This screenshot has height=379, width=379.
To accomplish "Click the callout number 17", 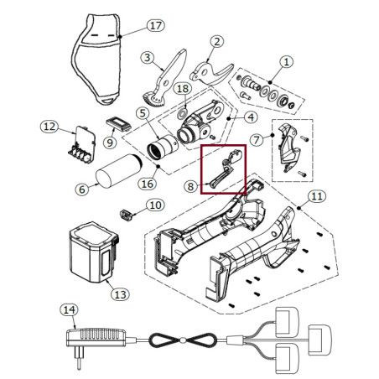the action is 156,25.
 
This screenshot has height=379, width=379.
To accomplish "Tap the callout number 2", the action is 217,42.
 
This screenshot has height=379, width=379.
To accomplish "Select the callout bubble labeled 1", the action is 286,62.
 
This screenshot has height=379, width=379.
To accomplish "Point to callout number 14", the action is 69,309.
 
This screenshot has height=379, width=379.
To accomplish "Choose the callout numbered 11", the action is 317,196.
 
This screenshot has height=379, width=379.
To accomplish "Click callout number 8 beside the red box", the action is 190,186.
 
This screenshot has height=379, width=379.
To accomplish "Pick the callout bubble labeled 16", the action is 148,184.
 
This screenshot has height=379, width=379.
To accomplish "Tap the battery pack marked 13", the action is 94,252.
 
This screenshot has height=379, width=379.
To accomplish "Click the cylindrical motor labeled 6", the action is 119,170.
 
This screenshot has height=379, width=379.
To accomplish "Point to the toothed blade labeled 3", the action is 167,81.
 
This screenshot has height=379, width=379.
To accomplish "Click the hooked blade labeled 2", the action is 211,74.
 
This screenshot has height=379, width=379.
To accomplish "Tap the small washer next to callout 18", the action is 182,114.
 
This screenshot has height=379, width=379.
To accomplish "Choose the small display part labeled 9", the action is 118,124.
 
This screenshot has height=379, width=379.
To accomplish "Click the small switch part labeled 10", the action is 126,215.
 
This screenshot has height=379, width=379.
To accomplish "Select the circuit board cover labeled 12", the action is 82,145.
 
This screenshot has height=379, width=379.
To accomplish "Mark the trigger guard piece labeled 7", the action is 288,148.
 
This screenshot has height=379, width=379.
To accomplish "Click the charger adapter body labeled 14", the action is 96,337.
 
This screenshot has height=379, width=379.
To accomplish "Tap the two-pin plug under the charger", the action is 78,359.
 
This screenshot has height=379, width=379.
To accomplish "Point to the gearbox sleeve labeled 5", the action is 163,147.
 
